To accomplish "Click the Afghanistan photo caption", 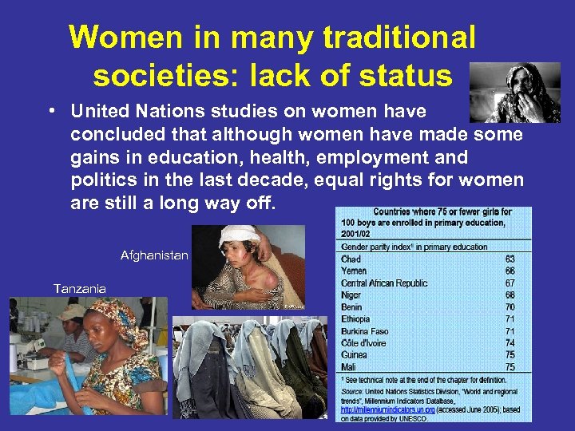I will pos(154,255).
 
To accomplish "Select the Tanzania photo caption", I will pos(79,288).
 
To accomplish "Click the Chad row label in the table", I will pos(351,259).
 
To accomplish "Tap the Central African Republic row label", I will pos(384,283).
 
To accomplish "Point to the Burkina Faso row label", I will pos(365,330).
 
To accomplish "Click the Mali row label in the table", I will pos(350,366).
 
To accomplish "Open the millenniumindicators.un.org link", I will pos(388,409).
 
